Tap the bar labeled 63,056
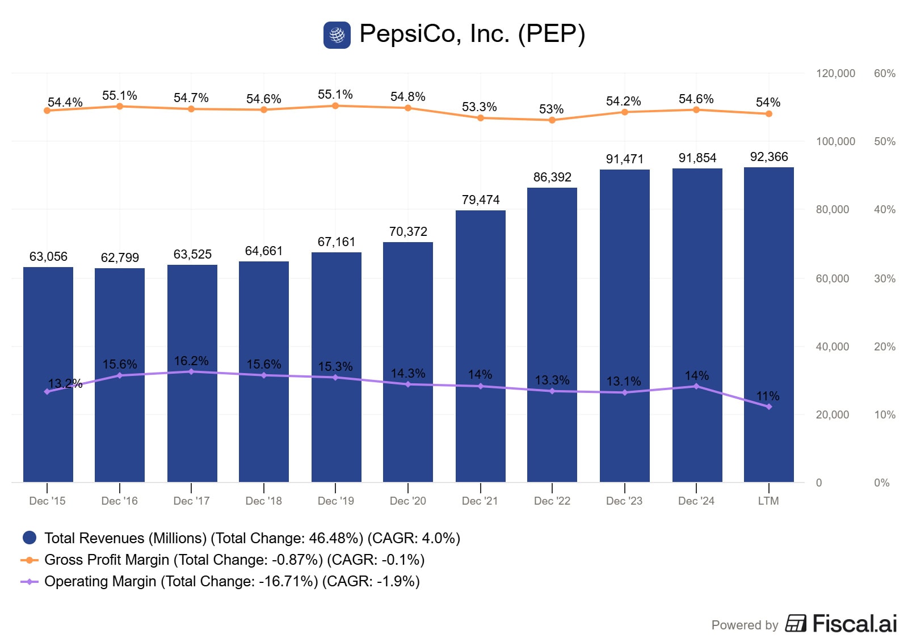pos(48,374)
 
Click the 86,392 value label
pos(552,177)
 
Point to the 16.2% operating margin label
pos(191,361)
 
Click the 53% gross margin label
pos(551,109)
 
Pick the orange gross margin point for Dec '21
pos(481,118)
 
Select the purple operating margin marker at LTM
pos(769,407)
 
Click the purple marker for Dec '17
pos(191,372)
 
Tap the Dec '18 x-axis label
pos(263,501)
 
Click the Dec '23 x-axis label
pos(624,501)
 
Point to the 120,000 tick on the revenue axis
pos(835,74)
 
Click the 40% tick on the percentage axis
pos(885,210)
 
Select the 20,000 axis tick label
pos(833,415)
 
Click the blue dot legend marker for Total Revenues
pos(29,538)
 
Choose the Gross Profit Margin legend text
pos(234,560)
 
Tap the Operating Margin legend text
pos(232,581)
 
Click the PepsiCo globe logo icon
pos(337,35)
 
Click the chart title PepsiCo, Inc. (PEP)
pos(472,34)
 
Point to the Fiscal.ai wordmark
pos(854,624)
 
